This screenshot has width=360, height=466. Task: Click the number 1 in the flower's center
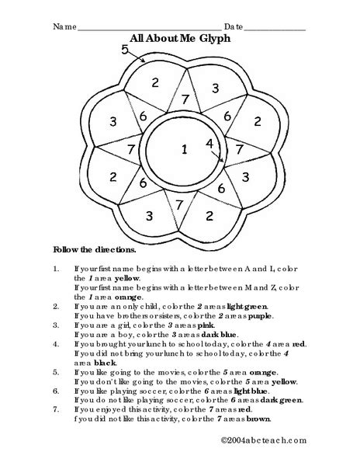(x=184, y=149)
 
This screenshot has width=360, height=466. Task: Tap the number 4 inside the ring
(x=209, y=144)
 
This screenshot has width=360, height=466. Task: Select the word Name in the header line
(x=64, y=26)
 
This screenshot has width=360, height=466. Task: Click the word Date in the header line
(x=234, y=26)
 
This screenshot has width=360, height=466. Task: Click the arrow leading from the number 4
(x=218, y=155)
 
